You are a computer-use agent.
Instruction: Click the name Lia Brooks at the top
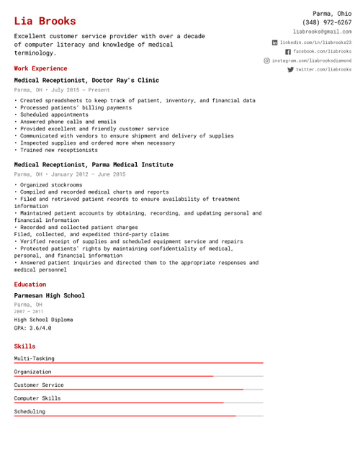(x=45, y=21)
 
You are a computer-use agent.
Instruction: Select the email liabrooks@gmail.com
(x=323, y=32)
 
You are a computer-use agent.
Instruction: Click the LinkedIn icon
(x=274, y=42)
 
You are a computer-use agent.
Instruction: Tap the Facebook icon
(x=288, y=52)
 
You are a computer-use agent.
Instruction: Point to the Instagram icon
(x=267, y=61)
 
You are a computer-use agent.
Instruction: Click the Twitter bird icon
(x=290, y=70)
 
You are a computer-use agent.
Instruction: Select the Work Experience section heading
(x=40, y=68)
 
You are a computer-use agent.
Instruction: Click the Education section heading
(x=30, y=284)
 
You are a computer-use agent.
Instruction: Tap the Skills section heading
(x=24, y=346)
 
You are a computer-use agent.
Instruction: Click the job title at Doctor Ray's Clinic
(x=86, y=80)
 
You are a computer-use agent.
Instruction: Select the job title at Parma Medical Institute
(x=94, y=164)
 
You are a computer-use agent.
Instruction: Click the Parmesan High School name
(x=49, y=295)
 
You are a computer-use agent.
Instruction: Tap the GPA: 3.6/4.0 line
(x=32, y=328)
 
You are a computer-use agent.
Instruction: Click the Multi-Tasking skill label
(x=34, y=358)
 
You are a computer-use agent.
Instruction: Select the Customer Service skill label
(x=39, y=385)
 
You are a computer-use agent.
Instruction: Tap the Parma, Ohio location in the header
(x=332, y=13)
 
